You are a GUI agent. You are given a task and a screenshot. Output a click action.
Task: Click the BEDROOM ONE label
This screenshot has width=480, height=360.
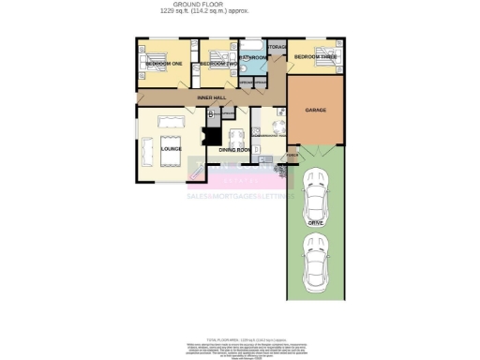[163, 63]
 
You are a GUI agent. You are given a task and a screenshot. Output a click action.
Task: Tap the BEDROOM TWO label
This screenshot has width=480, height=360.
[217, 63]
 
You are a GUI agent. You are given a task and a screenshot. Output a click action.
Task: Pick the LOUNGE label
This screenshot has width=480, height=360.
[170, 148]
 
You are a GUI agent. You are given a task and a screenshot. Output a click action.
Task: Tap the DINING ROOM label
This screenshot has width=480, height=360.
[235, 150]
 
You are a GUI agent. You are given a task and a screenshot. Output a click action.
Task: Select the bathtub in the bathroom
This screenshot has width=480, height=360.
[253, 46]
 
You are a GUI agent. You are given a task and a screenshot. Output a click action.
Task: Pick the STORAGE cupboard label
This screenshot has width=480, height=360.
[277, 46]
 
